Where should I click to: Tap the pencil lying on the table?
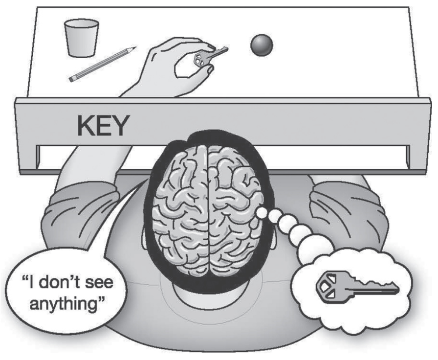click(102, 64)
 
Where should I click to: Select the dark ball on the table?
click(262, 45)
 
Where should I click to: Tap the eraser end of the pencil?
click(72, 78)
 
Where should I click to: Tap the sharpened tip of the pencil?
click(133, 48)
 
